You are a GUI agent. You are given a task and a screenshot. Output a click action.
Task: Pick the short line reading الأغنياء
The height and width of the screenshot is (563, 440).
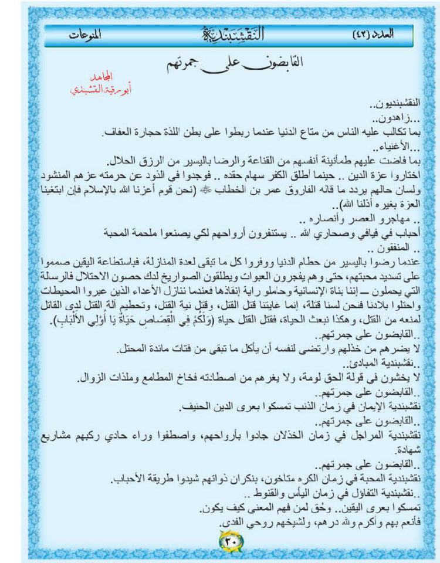(404, 145)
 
